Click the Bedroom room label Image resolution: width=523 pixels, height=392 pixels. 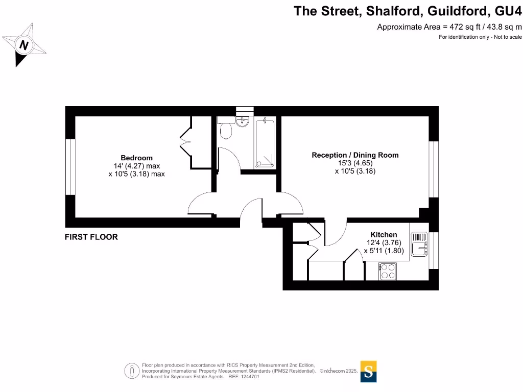click(136, 158)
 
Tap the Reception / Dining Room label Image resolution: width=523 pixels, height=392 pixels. click(355, 155)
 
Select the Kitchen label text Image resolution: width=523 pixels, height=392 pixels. click(384, 235)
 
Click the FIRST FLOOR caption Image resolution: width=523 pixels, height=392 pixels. click(91, 237)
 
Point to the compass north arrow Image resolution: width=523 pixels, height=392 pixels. click(23, 46)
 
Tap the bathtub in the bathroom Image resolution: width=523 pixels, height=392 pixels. click(265, 142)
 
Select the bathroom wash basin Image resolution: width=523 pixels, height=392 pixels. click(243, 121)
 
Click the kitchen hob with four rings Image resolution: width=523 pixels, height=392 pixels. click(387, 271)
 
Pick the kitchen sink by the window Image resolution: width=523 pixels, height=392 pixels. click(419, 243)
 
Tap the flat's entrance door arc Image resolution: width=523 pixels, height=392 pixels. click(251, 210)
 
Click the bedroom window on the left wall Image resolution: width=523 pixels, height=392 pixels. click(70, 166)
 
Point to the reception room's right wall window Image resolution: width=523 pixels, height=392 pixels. click(434, 169)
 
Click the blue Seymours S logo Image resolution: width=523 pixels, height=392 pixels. click(369, 371)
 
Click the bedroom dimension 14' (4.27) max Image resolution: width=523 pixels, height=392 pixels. click(136, 166)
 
